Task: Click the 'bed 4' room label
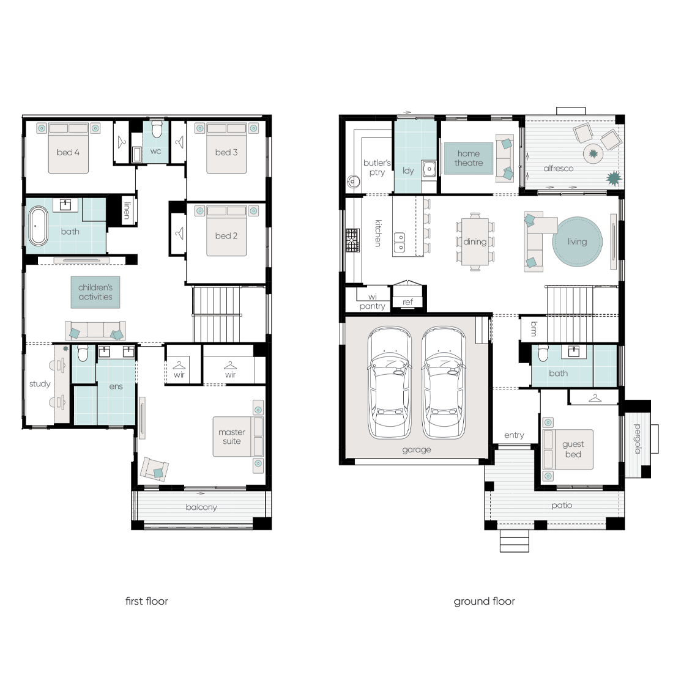(x=68, y=152)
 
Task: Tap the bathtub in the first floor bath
(x=39, y=226)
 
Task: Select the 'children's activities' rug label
(x=95, y=292)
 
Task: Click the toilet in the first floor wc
(x=157, y=130)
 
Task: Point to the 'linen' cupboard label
(x=127, y=210)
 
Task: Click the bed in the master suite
(x=238, y=437)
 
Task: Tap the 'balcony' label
(x=201, y=507)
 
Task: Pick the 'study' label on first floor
(x=40, y=384)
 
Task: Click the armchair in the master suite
(x=154, y=469)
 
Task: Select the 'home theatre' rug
(x=468, y=158)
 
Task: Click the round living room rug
(x=578, y=241)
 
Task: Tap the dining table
(x=475, y=242)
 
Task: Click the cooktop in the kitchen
(x=352, y=240)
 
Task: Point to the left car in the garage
(x=389, y=383)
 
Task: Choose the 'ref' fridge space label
(x=407, y=302)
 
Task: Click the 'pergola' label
(x=638, y=439)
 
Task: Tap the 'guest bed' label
(x=573, y=449)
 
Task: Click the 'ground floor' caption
(x=485, y=602)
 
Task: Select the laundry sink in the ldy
(x=429, y=169)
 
